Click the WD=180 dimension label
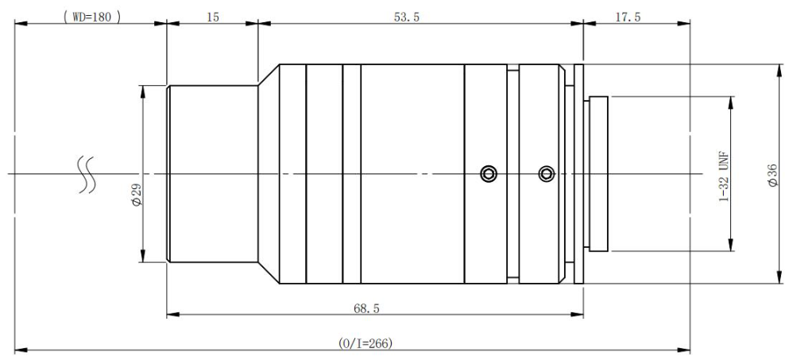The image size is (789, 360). click(x=92, y=17)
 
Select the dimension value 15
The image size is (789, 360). click(x=213, y=17)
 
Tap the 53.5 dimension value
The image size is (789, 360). click(x=407, y=17)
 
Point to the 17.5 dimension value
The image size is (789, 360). click(x=628, y=17)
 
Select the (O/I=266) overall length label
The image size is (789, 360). click(x=365, y=343)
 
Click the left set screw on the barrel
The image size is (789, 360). click(x=488, y=174)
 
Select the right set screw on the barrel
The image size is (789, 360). click(x=546, y=174)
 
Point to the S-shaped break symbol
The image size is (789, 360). click(x=85, y=174)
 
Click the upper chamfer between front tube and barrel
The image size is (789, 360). click(x=269, y=75)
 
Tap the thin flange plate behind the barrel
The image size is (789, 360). click(x=578, y=174)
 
